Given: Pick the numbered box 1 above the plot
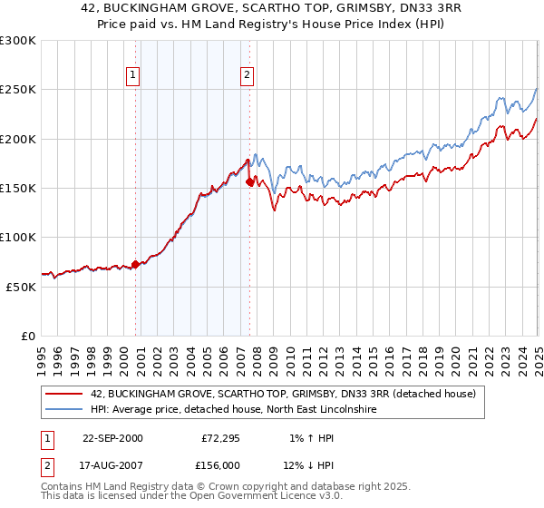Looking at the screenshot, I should (x=133, y=76).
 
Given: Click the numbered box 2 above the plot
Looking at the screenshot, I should (x=247, y=76).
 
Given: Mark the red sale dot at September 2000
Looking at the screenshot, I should (x=136, y=265).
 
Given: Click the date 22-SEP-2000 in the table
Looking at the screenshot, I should (x=112, y=438).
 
